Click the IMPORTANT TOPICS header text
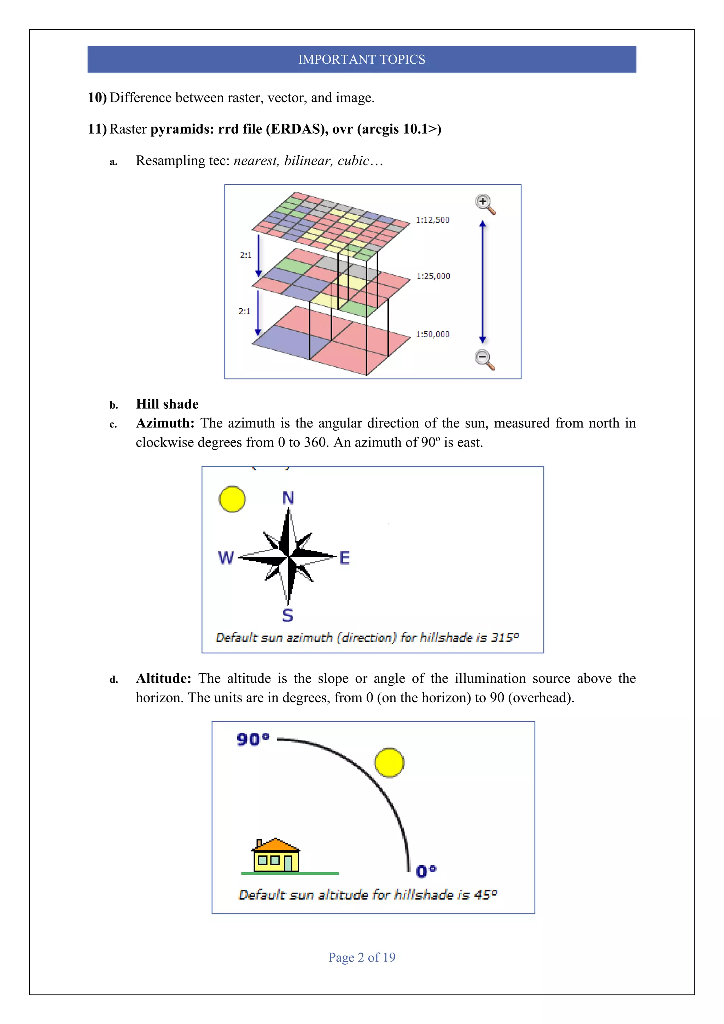[362, 59]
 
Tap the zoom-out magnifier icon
[484, 359]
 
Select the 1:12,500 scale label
[432, 220]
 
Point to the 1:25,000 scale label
[433, 276]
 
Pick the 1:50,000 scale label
[432, 334]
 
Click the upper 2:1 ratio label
[246, 255]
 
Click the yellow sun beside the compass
[232, 499]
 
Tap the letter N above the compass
[288, 498]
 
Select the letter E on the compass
[345, 558]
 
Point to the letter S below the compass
[287, 616]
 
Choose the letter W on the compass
[226, 558]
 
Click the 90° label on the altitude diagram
[253, 739]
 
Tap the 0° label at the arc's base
[426, 871]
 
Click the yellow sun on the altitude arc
[389, 763]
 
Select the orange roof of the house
[276, 845]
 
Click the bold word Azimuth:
[165, 423]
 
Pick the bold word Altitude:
[164, 678]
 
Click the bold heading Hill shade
[167, 404]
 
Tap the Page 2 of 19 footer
[362, 957]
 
